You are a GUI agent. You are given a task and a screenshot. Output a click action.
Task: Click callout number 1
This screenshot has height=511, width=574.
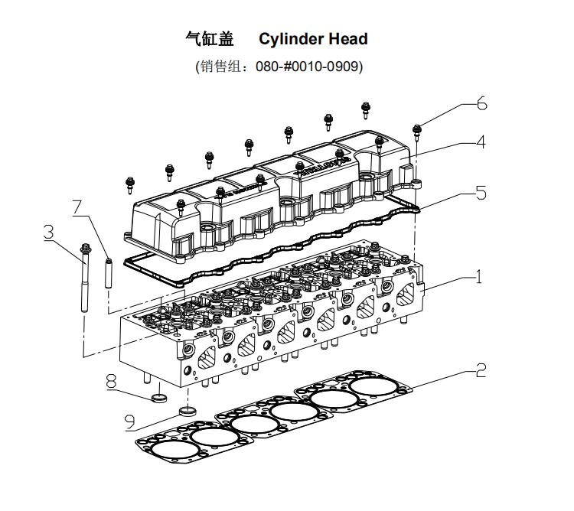point(479,276)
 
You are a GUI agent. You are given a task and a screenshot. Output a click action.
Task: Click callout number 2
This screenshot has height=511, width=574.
point(481,372)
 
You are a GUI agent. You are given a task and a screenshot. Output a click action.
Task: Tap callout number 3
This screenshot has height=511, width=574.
point(49,232)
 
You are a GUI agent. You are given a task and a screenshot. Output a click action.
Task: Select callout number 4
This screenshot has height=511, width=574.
point(479,142)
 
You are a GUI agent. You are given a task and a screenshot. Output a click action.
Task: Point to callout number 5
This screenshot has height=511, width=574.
point(481,192)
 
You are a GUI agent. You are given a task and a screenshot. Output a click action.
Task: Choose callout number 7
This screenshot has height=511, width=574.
point(78,207)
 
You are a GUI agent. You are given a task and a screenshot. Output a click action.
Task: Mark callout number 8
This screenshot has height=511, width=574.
point(113,379)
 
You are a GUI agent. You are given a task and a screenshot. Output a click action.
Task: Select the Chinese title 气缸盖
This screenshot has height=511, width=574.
point(209,39)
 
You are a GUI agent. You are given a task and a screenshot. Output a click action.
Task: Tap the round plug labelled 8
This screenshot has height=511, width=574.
point(158,398)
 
